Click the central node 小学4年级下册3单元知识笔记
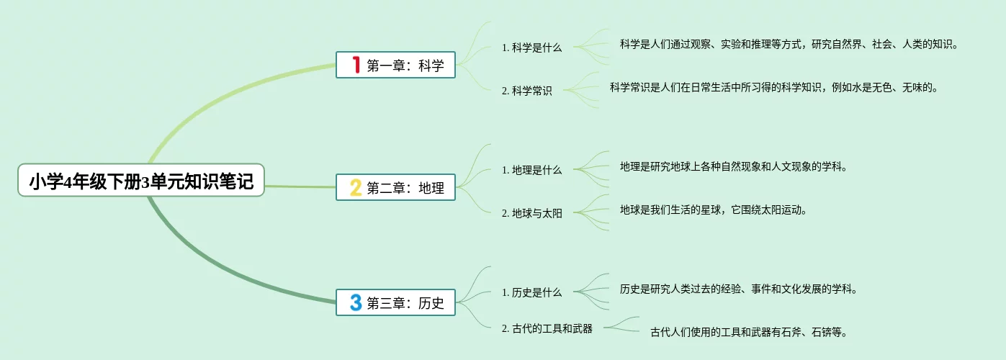click(141, 180)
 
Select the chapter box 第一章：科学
click(395, 65)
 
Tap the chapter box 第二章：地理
click(395, 187)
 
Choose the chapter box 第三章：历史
click(395, 302)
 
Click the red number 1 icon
click(355, 65)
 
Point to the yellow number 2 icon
click(355, 187)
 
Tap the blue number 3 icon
click(355, 302)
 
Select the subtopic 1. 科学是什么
click(531, 48)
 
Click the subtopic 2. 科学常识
click(527, 91)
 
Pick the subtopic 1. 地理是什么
click(531, 171)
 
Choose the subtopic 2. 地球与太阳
click(531, 214)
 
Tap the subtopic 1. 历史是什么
click(531, 293)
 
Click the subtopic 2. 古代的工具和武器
click(547, 328)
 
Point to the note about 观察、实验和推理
click(789, 44)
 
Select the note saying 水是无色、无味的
click(773, 87)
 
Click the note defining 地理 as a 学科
click(733, 166)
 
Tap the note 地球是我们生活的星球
click(713, 210)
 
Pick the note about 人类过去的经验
click(738, 289)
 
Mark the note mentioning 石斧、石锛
click(748, 332)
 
